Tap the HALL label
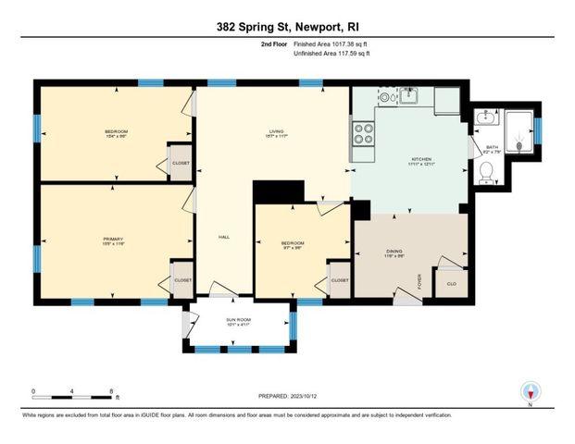(x=223, y=236)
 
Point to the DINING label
(x=394, y=252)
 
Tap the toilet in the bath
(x=485, y=171)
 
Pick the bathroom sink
(x=483, y=117)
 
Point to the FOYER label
(x=419, y=280)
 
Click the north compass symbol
(x=530, y=391)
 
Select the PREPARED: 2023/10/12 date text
(x=287, y=396)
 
